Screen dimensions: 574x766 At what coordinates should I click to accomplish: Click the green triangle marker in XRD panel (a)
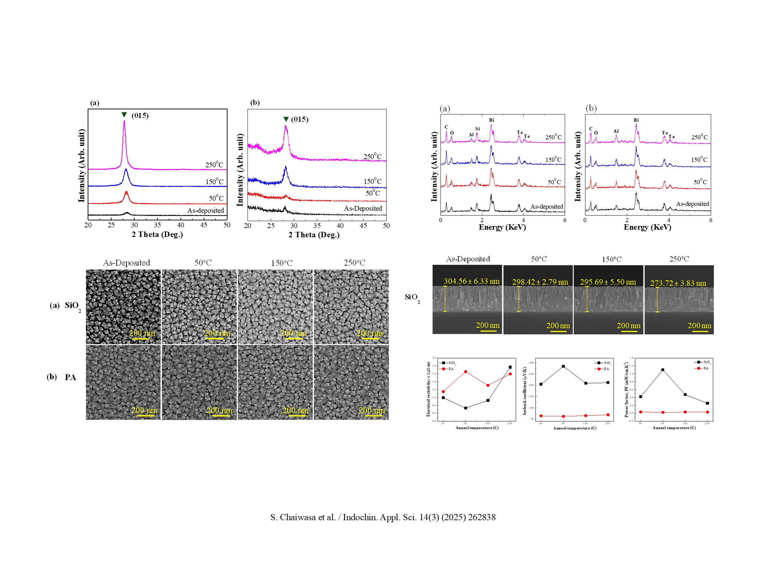point(124,115)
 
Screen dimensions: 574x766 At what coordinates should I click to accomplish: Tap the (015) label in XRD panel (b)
point(300,119)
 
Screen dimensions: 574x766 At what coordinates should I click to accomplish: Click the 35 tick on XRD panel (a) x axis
point(157,225)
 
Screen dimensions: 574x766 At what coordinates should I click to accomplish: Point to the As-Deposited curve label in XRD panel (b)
point(362,208)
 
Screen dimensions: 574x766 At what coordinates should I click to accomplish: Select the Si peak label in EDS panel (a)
point(477,129)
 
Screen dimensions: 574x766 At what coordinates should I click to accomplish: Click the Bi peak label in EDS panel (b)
point(636,120)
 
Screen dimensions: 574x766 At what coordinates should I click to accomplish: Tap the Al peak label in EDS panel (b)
point(616,131)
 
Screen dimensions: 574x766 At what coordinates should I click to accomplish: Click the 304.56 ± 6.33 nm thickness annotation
point(471,281)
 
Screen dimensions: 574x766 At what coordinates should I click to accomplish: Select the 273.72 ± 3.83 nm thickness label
point(678,283)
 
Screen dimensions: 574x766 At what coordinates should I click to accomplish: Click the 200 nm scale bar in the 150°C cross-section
point(628,331)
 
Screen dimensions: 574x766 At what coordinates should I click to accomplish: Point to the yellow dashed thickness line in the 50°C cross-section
point(518,299)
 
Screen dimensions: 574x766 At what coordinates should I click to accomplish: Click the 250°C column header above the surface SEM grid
point(354,263)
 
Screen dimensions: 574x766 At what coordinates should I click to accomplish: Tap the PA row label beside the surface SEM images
point(70,377)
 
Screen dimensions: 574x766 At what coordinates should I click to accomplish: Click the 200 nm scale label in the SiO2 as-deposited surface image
point(142,333)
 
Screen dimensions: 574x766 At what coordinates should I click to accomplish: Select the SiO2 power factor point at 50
point(663,370)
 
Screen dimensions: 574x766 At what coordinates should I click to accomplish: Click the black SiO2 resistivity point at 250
point(510,367)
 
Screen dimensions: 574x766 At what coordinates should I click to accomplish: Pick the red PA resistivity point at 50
point(465,372)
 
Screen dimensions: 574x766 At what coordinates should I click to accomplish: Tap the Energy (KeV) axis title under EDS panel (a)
point(502,227)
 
